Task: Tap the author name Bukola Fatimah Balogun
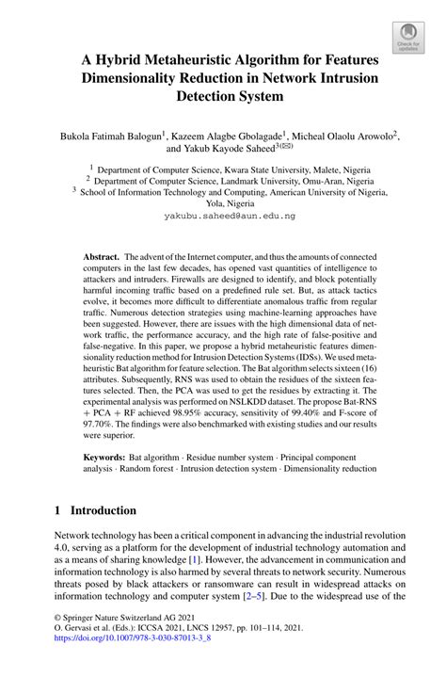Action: coord(124,137)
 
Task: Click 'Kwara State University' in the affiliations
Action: coord(276,170)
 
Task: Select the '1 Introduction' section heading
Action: coord(95,510)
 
